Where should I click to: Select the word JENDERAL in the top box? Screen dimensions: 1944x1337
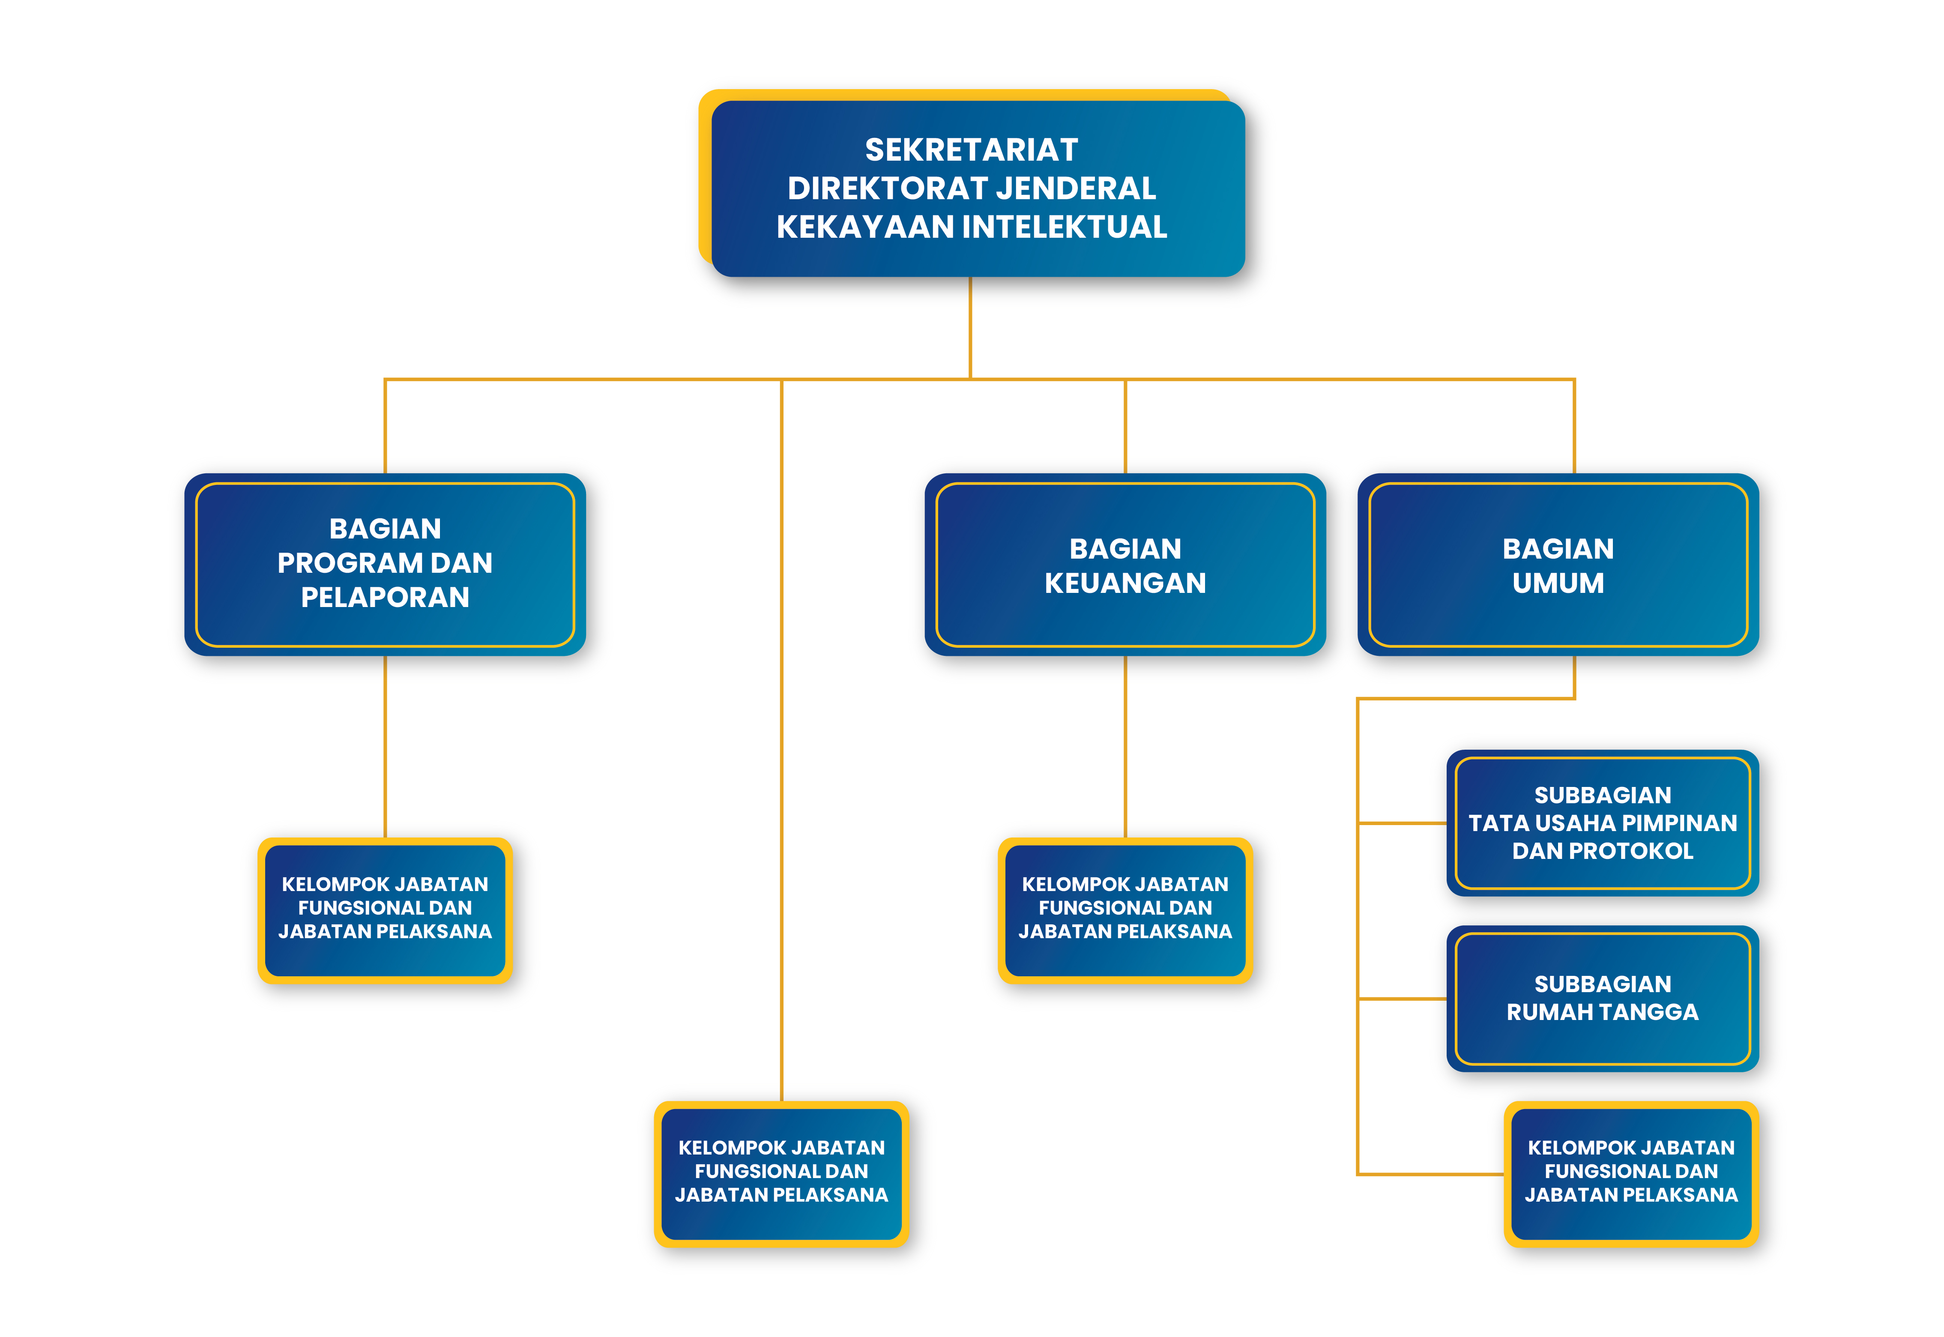coord(1075,188)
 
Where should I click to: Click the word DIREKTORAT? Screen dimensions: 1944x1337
coord(886,188)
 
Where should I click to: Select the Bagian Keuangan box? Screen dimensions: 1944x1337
coord(1125,564)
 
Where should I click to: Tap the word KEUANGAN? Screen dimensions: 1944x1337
coord(1125,583)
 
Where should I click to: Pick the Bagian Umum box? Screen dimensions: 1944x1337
coord(1558,564)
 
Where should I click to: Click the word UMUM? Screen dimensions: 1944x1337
coord(1558,583)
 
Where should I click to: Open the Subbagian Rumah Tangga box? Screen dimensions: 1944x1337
coord(1602,999)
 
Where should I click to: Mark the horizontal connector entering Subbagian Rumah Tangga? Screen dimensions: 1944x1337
coord(1402,999)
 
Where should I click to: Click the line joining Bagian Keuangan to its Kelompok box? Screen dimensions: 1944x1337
coord(1125,746)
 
